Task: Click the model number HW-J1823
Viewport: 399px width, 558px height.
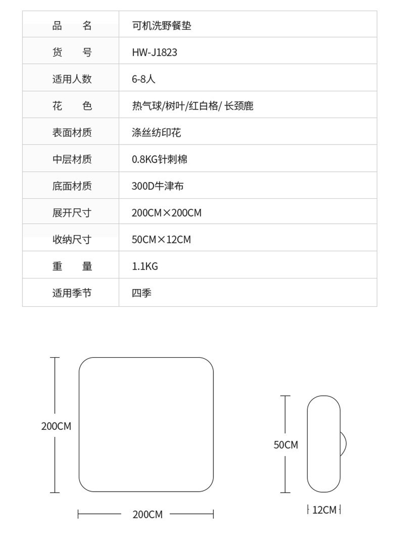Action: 154,52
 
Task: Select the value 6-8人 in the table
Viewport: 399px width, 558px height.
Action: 144,79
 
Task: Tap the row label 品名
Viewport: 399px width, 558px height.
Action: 72,26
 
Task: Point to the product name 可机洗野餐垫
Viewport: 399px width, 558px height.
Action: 161,26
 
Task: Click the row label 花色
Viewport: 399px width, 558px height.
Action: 72,106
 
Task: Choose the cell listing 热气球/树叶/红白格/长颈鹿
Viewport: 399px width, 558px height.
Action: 193,106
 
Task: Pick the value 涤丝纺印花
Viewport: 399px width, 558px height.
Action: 156,132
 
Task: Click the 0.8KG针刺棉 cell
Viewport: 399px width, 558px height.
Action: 160,159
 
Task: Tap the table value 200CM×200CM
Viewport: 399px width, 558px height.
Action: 167,213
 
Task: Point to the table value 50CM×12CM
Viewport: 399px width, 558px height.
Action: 161,240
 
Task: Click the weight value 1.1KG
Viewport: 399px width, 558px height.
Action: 145,266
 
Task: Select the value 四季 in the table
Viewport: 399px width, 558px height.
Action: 142,293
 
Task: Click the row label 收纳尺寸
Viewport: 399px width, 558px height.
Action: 72,240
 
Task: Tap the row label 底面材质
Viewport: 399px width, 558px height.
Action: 72,186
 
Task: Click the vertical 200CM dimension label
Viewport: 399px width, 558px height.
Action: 56,426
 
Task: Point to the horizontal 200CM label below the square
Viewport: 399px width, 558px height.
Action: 147,514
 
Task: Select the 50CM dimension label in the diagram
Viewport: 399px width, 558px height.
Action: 286,445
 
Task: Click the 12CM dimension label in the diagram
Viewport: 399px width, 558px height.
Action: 324,510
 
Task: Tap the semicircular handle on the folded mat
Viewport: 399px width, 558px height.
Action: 343,444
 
